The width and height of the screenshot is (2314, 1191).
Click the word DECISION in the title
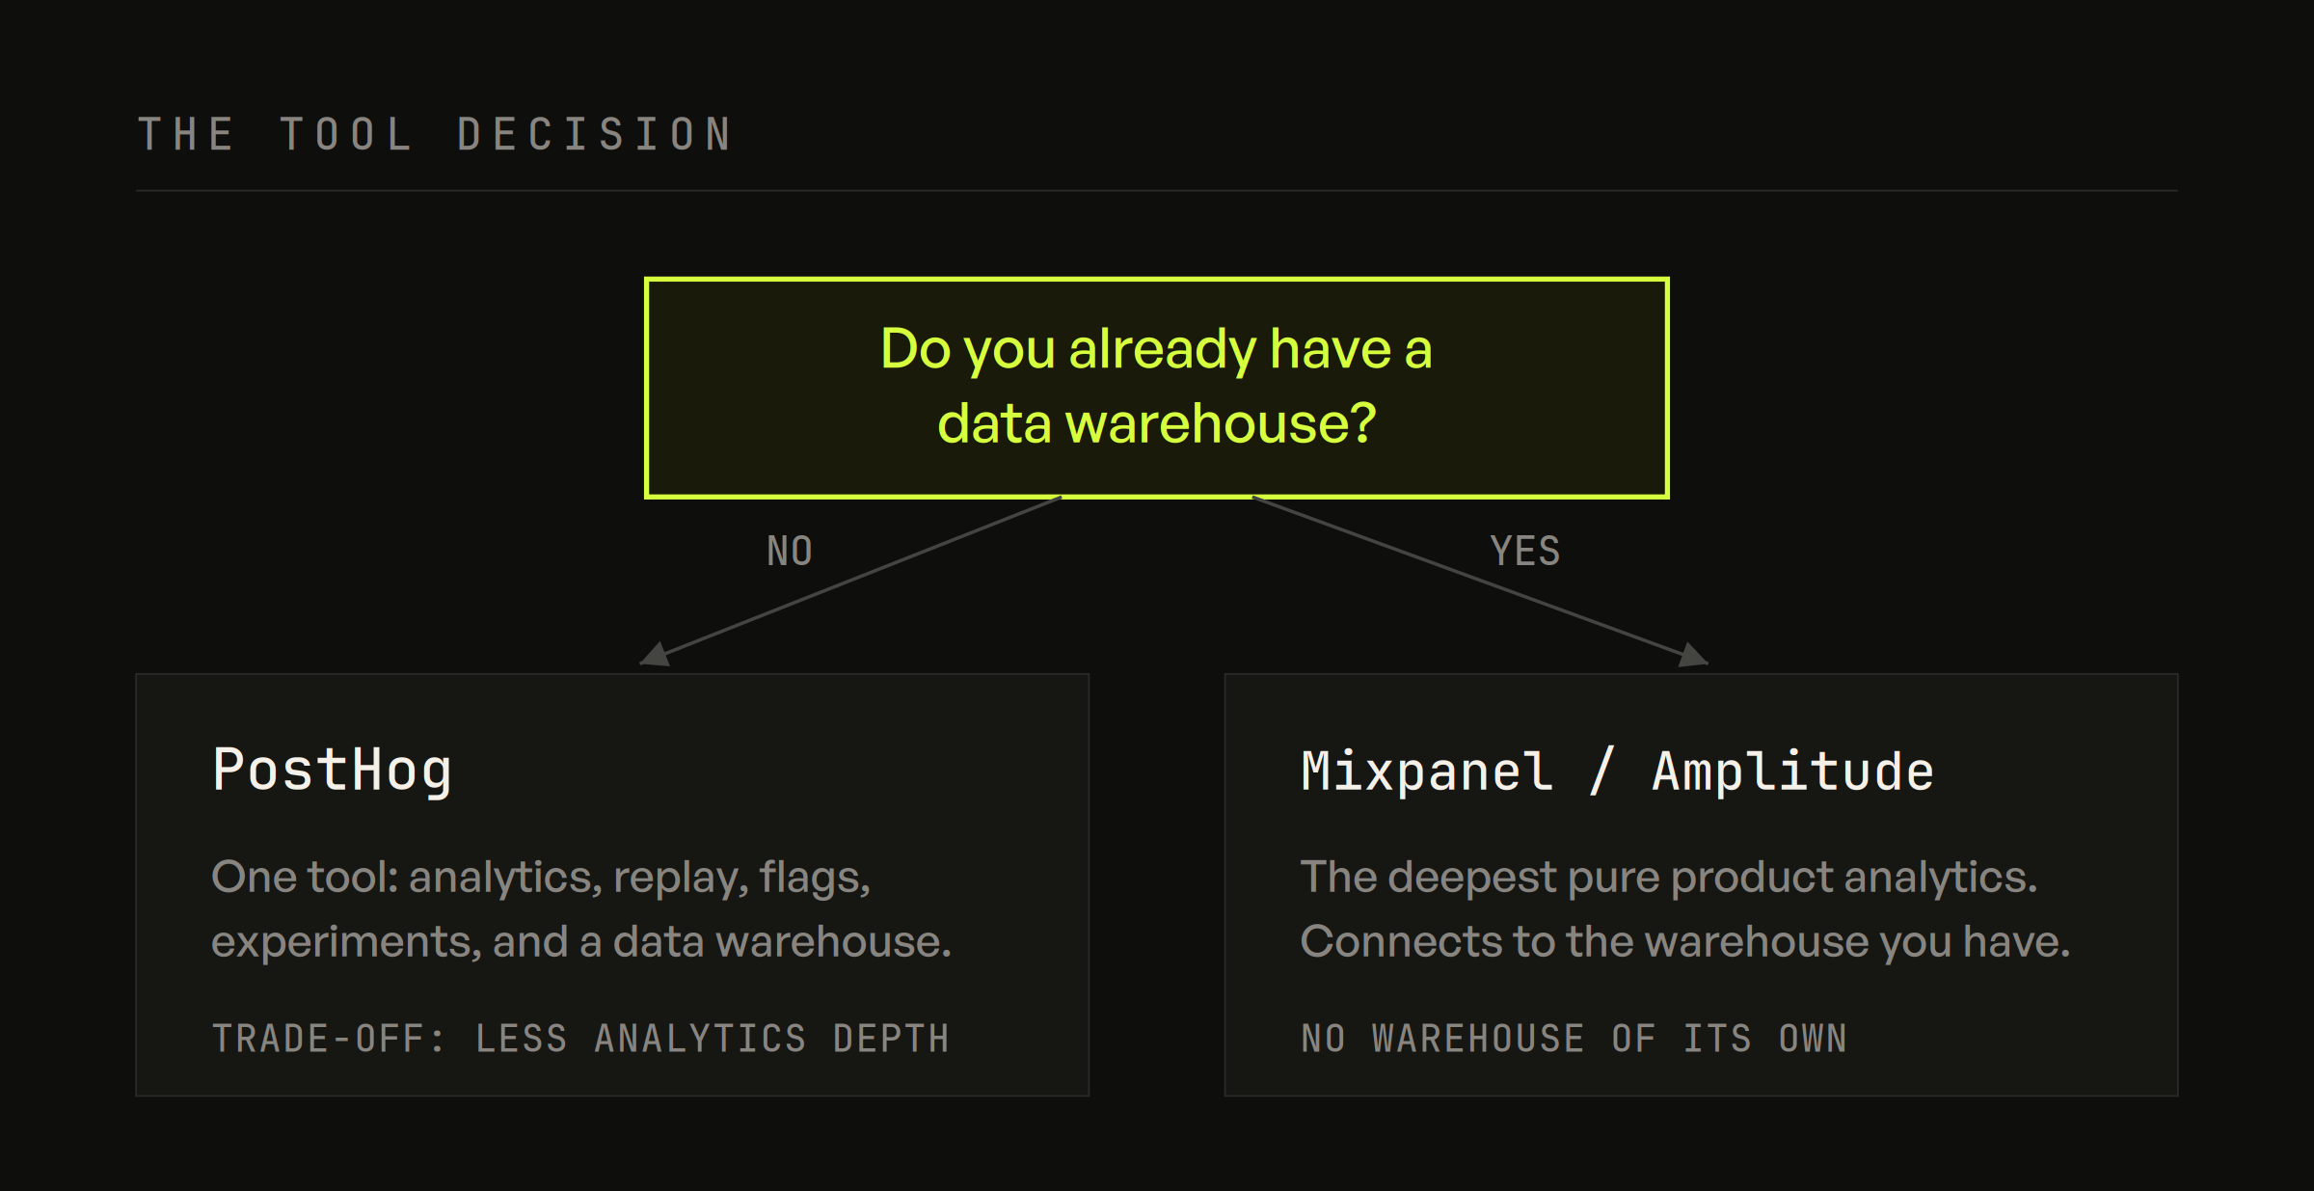pos(594,134)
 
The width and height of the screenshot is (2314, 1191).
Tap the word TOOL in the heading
pos(346,134)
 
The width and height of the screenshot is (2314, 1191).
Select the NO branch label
pos(790,552)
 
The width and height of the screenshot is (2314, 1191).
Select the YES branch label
pos(1524,552)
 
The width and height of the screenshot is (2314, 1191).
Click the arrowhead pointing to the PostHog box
pos(655,655)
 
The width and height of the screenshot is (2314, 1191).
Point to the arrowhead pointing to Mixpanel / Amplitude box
pos(1694,655)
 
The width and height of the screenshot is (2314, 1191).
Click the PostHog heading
pos(332,771)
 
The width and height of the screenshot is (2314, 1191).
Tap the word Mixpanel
pos(1427,771)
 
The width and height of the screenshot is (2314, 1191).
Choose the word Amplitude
pos(1793,771)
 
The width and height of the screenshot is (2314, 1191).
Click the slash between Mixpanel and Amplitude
pos(1601,771)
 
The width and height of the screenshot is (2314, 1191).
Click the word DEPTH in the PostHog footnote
pos(891,1039)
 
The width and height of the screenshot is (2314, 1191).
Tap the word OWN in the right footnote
pos(1813,1039)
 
